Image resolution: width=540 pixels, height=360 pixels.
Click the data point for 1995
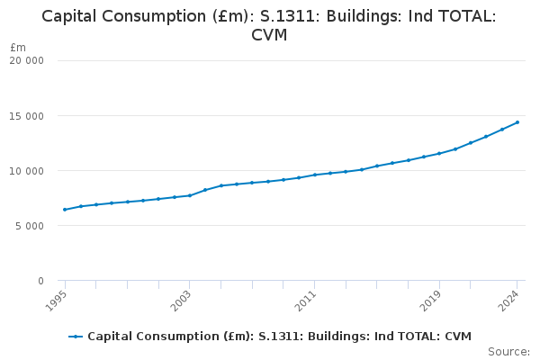[65, 210]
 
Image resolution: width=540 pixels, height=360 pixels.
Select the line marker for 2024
[517, 122]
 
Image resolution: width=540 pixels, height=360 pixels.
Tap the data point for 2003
[190, 195]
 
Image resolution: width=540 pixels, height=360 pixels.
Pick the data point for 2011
[314, 175]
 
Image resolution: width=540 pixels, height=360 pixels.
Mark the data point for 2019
[439, 153]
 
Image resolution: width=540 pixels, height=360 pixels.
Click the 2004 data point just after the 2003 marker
[205, 190]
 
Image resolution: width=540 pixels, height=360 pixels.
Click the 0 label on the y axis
[40, 281]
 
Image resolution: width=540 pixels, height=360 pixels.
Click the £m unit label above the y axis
[18, 47]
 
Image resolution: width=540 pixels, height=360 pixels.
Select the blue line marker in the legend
[76, 337]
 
